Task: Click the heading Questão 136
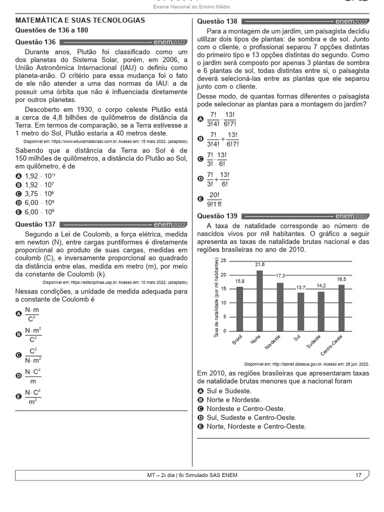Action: coord(35,42)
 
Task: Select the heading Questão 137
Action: coord(35,224)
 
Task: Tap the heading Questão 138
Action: coord(217,21)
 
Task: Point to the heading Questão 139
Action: coord(217,216)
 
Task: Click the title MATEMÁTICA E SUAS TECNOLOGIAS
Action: coord(80,20)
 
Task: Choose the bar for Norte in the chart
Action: coord(259,300)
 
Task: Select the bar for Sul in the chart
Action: coord(300,311)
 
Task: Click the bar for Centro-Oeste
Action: coord(341,307)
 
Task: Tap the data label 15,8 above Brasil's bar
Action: coord(239,281)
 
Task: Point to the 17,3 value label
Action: coord(281,275)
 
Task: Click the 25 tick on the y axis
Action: coord(223,260)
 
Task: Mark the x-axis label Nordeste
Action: coord(273,342)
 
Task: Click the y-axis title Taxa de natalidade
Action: coord(217,297)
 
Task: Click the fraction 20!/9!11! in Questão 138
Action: coord(215,199)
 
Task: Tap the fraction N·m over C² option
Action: coord(32,313)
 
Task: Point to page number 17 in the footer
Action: coord(358,475)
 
